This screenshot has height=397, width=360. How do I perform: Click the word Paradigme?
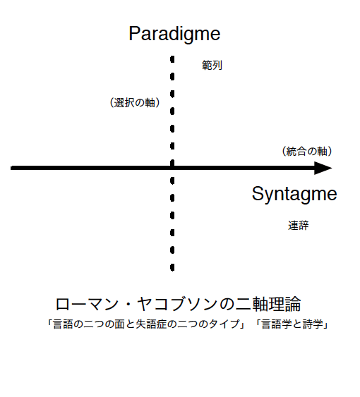(174, 35)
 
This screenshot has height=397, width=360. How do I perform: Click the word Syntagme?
(294, 195)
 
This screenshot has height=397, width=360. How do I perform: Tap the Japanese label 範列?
(212, 66)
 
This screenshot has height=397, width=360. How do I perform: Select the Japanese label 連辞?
(299, 226)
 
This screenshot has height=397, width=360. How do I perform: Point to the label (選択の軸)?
(135, 102)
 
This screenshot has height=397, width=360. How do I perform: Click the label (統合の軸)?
(307, 151)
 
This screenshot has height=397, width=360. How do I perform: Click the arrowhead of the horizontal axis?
(323, 168)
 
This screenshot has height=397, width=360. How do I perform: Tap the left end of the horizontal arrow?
(11, 168)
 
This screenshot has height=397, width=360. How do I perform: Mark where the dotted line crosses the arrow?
(172, 168)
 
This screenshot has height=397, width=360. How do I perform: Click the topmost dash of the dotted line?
(172, 59)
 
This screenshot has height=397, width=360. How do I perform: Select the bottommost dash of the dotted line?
(172, 268)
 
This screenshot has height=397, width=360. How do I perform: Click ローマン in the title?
(87, 304)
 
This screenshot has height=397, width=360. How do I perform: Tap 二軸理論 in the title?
(268, 304)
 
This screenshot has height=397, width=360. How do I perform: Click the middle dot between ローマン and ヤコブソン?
(128, 305)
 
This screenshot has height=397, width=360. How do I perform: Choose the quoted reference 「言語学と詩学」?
(292, 324)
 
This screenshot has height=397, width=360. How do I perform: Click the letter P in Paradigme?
(134, 33)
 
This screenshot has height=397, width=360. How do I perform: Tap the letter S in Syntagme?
(258, 193)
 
